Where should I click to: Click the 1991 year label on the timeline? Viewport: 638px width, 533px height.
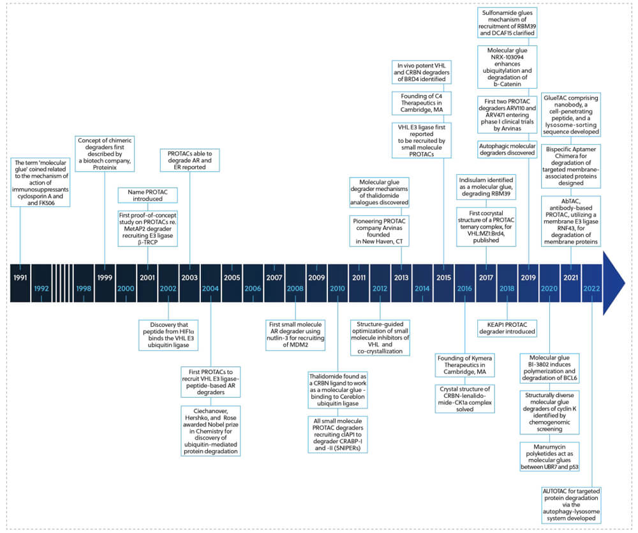coord(20,278)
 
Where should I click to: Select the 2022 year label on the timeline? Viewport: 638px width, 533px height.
coord(592,289)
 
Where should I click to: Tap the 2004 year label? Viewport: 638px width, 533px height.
coord(211,289)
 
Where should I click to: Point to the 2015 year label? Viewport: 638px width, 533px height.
coord(443,278)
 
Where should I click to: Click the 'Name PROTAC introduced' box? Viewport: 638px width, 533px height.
coord(147,194)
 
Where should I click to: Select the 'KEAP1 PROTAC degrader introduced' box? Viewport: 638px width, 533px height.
coord(507,327)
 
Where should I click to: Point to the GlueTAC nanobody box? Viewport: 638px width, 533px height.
coord(571,112)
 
